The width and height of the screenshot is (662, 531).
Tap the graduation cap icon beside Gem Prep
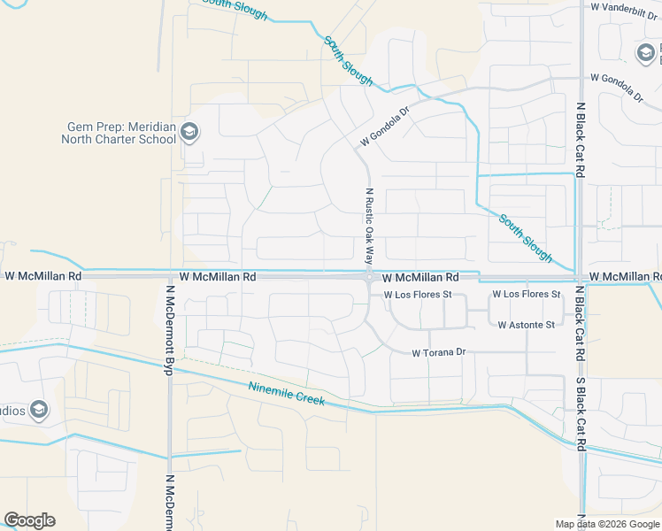(189, 134)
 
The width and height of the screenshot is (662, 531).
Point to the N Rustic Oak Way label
(368, 227)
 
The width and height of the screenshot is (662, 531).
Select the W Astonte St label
(526, 325)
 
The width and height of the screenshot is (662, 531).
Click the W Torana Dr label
(438, 352)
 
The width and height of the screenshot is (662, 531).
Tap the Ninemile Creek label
(287, 394)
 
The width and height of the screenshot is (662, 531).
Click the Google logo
(29, 520)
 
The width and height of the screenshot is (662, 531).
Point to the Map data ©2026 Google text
(606, 524)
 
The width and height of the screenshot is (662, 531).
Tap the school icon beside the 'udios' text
(38, 410)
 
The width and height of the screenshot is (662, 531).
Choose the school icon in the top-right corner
(645, 54)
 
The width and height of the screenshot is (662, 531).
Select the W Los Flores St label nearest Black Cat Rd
(527, 294)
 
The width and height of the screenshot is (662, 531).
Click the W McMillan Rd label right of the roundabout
(420, 277)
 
